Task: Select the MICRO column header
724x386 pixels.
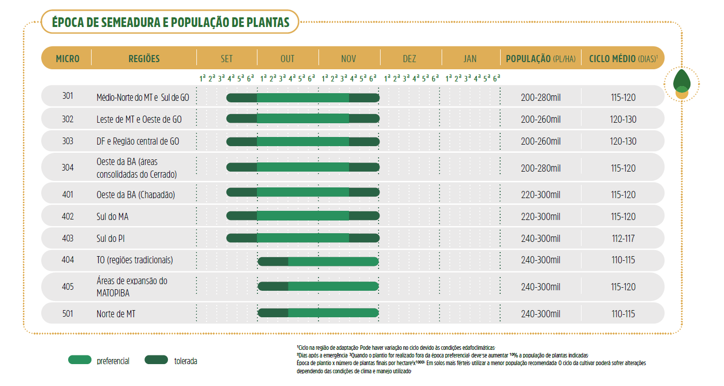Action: coord(68,59)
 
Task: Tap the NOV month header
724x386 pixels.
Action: coord(349,59)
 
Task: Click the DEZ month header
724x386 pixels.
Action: coord(410,59)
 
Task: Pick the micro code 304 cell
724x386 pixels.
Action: coord(68,167)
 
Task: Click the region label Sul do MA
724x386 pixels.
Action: coord(112,216)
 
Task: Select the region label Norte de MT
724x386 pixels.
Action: coord(116,314)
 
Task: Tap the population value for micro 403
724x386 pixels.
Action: coord(540,238)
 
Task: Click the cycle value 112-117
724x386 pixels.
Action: coord(623,238)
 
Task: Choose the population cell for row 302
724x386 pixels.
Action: coord(540,120)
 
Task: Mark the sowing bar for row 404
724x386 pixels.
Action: coord(318,261)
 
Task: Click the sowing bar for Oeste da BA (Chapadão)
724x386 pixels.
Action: coord(303,192)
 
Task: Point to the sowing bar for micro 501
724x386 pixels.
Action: coord(318,313)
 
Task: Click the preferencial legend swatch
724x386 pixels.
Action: coord(80,360)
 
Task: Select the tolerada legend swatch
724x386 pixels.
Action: coord(156,360)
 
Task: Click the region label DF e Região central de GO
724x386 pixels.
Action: coord(138,141)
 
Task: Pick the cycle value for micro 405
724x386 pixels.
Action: coord(623,287)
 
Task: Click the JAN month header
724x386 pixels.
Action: coord(470,59)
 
